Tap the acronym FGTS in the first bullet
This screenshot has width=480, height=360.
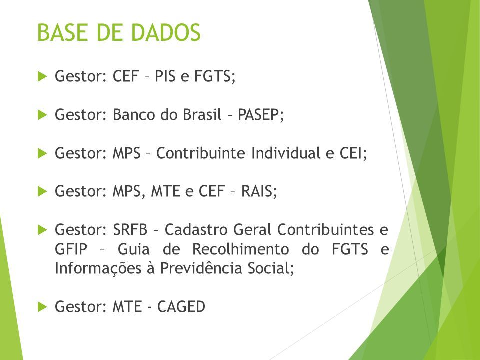(x=215, y=76)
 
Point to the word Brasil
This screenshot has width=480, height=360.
(x=202, y=115)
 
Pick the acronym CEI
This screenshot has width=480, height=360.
(x=353, y=153)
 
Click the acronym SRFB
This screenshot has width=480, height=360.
(x=130, y=230)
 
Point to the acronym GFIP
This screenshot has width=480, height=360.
(x=71, y=249)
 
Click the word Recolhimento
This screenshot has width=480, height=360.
(x=240, y=249)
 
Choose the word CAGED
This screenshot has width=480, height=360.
(x=181, y=306)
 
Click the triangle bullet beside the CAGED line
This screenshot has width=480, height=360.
(x=42, y=306)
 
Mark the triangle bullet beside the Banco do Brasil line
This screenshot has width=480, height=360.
(x=42, y=115)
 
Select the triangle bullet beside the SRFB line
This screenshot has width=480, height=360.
(x=42, y=230)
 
